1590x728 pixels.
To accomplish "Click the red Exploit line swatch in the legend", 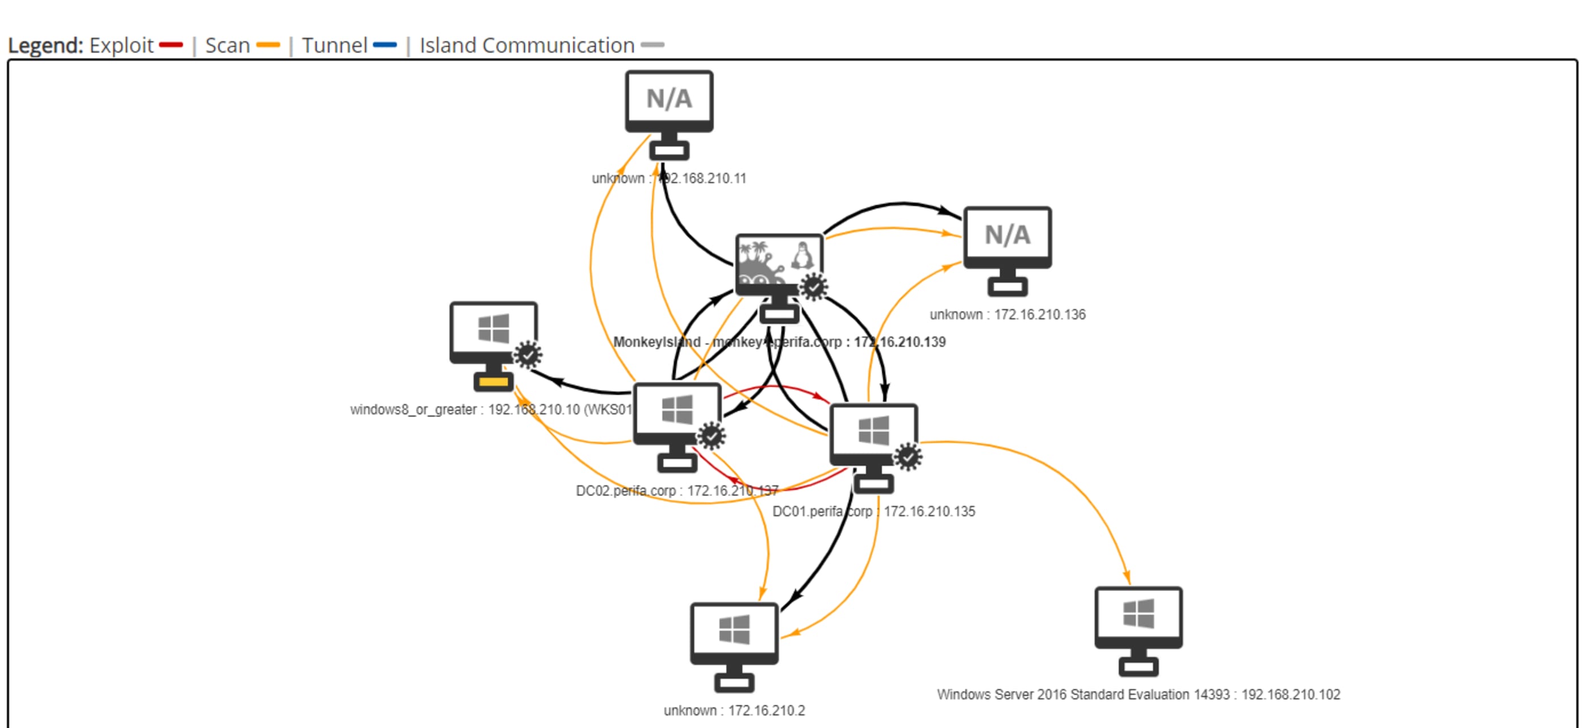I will click(171, 45).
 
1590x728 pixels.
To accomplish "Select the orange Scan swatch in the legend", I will click(268, 45).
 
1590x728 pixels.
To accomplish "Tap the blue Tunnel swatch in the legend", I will click(385, 45).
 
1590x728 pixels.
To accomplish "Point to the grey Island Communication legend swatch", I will click(652, 45).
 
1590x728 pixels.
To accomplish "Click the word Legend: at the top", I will click(45, 45).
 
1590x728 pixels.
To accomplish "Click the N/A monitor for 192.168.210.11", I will click(669, 102).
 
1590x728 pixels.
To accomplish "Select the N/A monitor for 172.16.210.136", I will click(1007, 238).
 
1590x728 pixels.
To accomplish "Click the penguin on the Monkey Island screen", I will click(802, 255).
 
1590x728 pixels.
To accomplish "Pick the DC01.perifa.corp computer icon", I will click(873, 436).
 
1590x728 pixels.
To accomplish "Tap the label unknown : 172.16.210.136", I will click(1007, 315).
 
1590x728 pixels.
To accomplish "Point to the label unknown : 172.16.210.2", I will click(734, 711).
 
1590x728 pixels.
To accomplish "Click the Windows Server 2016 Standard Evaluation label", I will click(1138, 694).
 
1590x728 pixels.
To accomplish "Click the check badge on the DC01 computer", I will click(908, 457).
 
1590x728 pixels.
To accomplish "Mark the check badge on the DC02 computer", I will click(712, 436).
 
